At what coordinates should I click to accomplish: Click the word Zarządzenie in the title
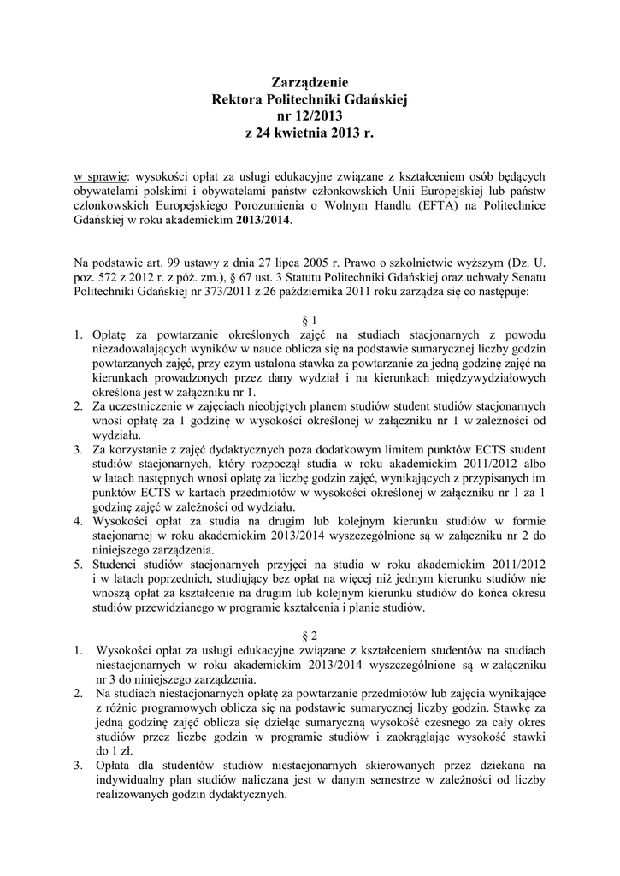(310, 83)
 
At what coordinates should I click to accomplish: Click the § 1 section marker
(310, 318)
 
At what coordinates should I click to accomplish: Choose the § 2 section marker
(310, 635)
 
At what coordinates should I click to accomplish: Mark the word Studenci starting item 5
(117, 565)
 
